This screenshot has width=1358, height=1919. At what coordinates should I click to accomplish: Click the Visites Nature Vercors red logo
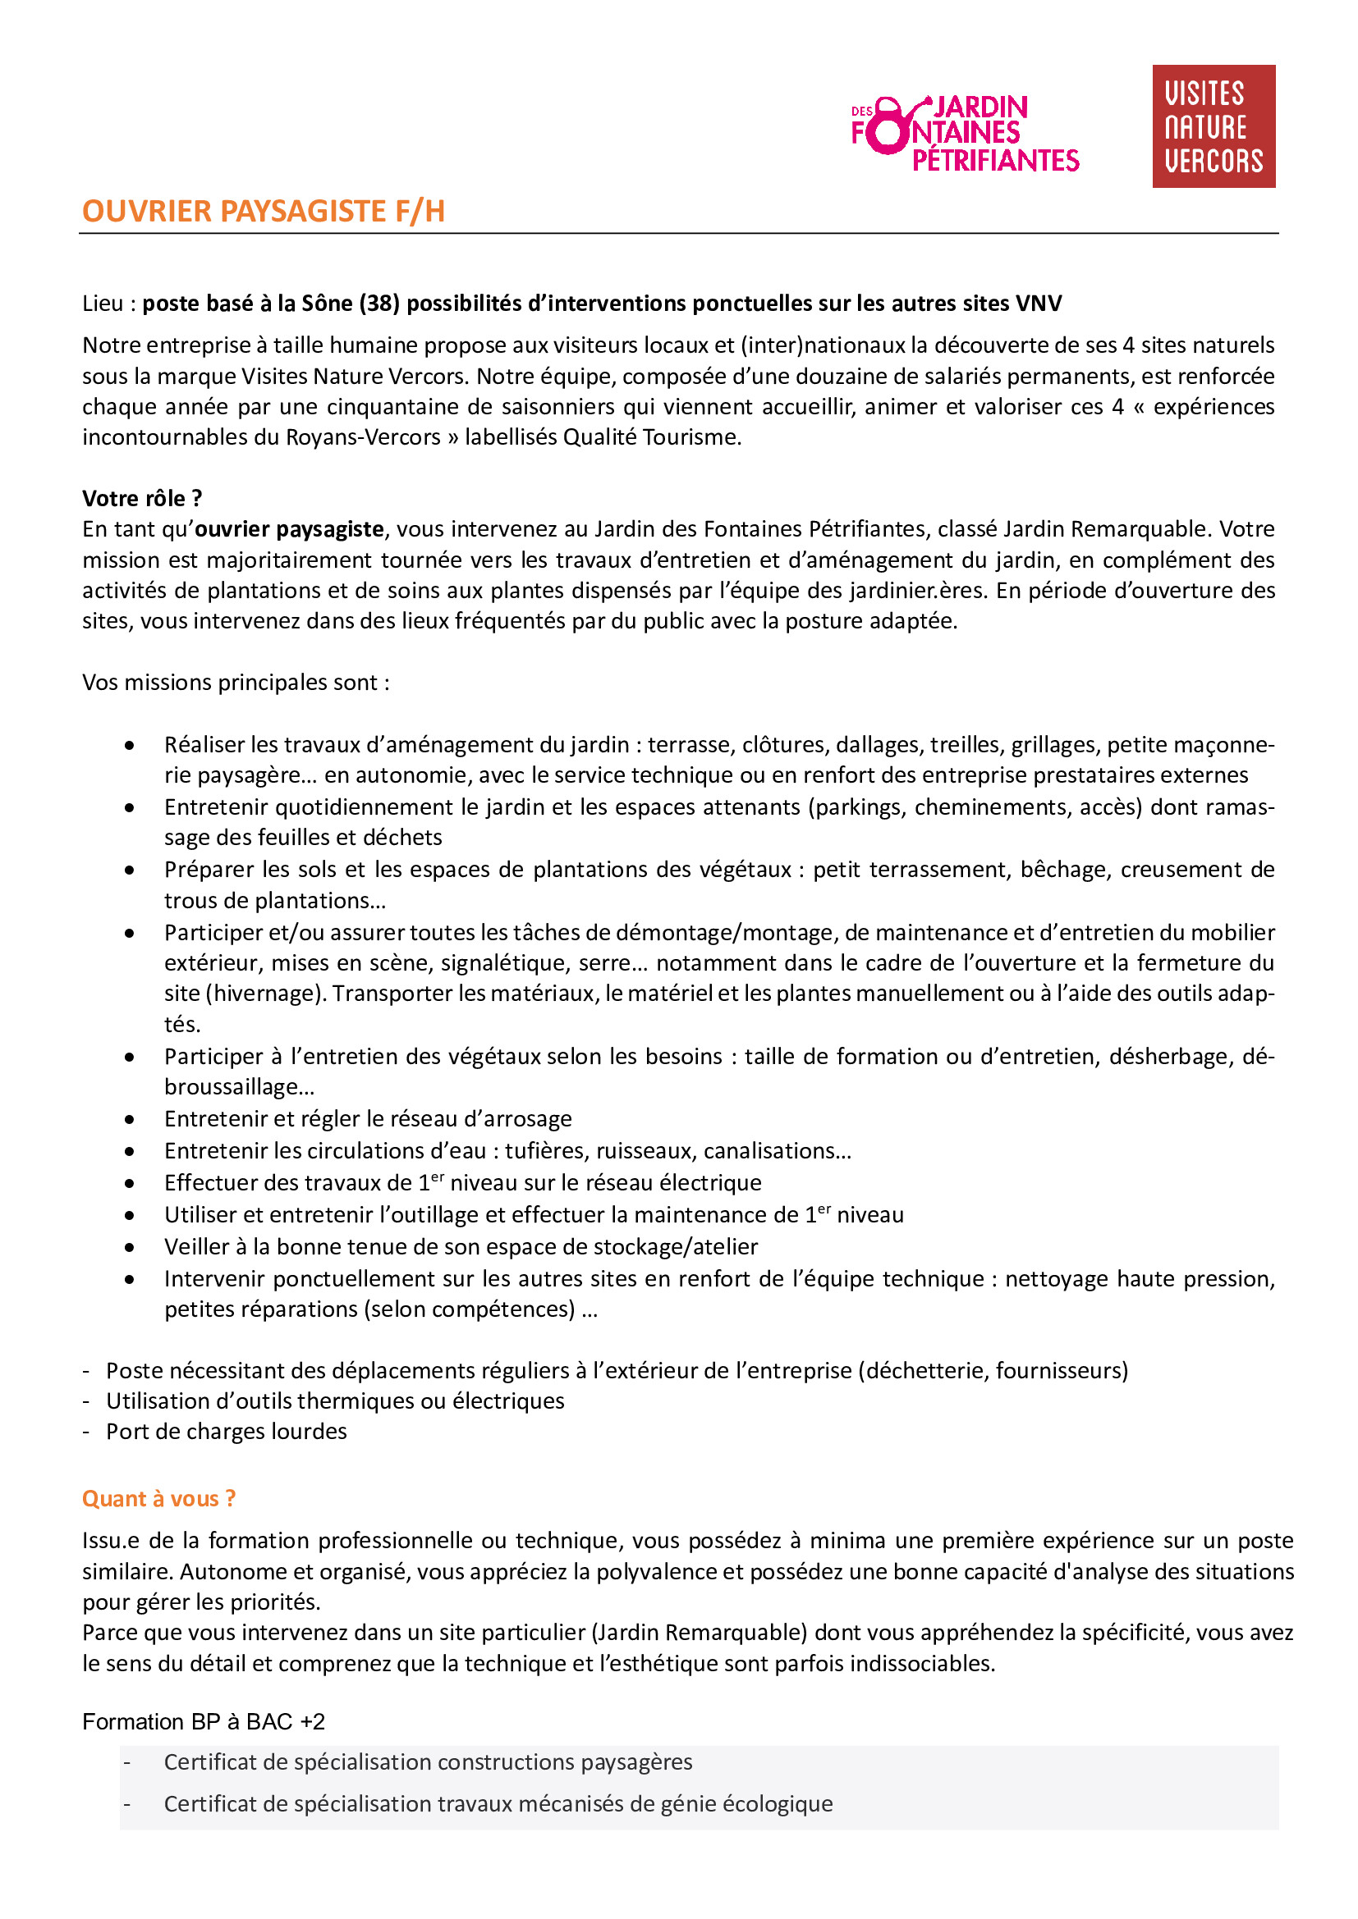click(x=1213, y=126)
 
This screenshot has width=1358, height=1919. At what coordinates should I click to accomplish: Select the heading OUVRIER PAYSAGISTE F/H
click(x=264, y=212)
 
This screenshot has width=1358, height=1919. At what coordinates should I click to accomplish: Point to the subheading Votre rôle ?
click(x=142, y=498)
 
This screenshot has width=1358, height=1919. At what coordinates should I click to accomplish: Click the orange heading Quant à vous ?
click(x=159, y=1499)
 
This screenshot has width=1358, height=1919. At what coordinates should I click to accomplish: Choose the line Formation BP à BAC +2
click(x=203, y=1722)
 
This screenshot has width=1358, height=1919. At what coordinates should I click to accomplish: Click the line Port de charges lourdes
click(x=226, y=1432)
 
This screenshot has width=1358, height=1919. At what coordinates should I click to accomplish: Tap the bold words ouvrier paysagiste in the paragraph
click(x=289, y=529)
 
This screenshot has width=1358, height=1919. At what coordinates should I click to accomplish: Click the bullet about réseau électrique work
click(x=462, y=1183)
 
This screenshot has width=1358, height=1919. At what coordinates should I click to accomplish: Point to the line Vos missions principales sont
click(x=235, y=683)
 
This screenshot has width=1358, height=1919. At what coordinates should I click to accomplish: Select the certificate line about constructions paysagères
click(x=428, y=1761)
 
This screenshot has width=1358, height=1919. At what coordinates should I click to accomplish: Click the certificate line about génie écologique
click(x=498, y=1803)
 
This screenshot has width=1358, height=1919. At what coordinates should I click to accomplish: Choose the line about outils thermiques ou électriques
click(x=334, y=1400)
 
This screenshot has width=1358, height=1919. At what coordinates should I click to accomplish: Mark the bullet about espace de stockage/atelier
click(x=461, y=1247)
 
